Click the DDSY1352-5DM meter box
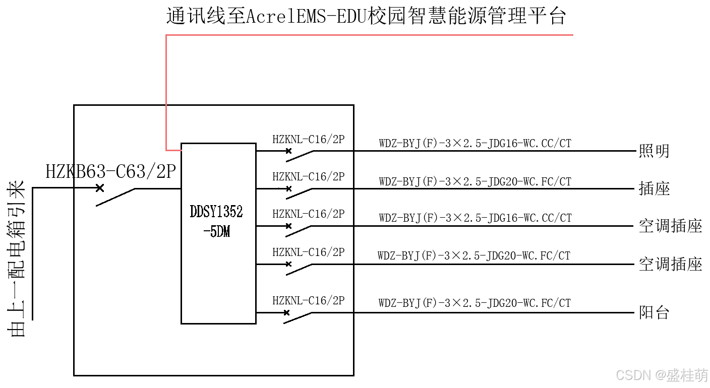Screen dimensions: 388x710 [x=218, y=233]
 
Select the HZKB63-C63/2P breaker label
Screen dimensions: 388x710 [x=110, y=172]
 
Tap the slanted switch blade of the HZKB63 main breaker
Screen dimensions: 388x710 [x=115, y=197]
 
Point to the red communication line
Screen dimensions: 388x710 [x=166, y=91]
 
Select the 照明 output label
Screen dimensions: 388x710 [x=654, y=151]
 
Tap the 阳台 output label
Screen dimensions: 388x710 [x=654, y=312]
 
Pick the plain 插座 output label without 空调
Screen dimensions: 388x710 [x=654, y=189]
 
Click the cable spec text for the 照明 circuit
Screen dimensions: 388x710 [x=475, y=144]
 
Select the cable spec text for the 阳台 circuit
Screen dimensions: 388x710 [x=475, y=303]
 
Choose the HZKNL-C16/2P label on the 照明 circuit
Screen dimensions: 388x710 [x=308, y=140]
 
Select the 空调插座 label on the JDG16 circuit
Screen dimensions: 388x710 [x=670, y=226]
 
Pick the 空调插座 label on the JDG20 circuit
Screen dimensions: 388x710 [x=670, y=264]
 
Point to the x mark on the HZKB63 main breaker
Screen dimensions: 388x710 [x=100, y=188]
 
